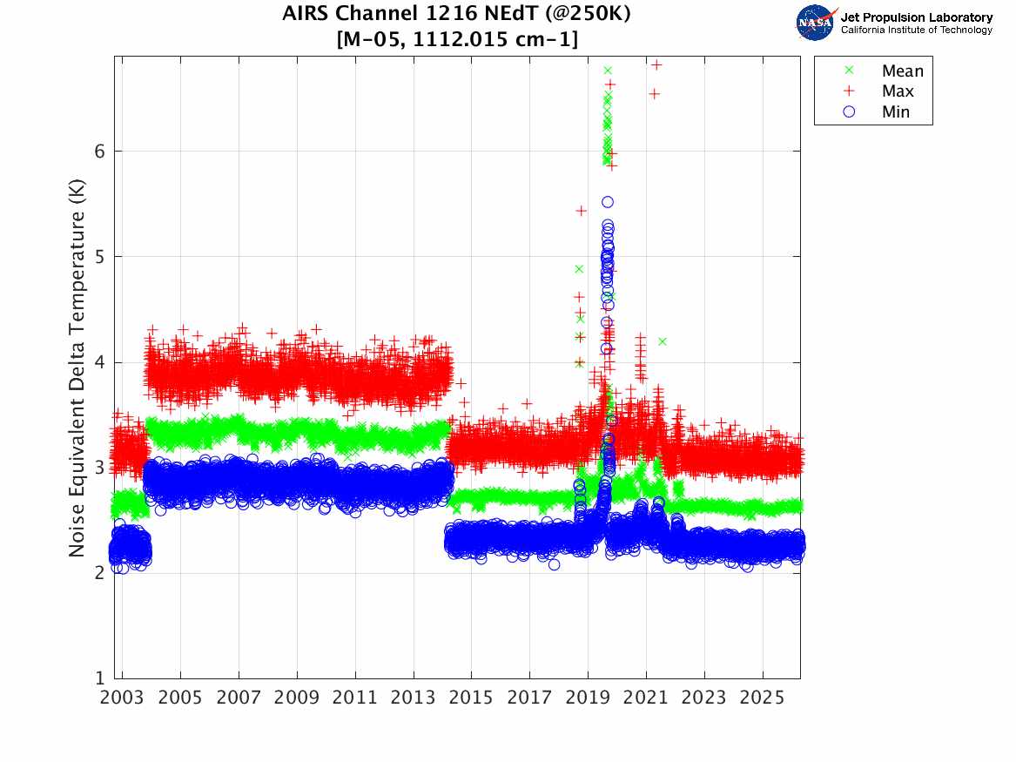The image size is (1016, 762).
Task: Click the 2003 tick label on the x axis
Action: [122, 698]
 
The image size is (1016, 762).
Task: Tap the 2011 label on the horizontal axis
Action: [355, 698]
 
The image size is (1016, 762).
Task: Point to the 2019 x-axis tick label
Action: [588, 698]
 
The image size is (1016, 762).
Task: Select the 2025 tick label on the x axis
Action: [763, 698]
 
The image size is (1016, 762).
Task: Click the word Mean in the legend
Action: [902, 71]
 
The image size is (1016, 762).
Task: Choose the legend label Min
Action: [896, 111]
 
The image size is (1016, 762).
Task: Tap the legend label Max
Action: [898, 91]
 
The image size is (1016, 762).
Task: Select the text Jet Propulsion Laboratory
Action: [916, 17]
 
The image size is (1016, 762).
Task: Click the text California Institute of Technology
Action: [916, 30]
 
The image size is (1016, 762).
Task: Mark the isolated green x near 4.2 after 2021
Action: [663, 341]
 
